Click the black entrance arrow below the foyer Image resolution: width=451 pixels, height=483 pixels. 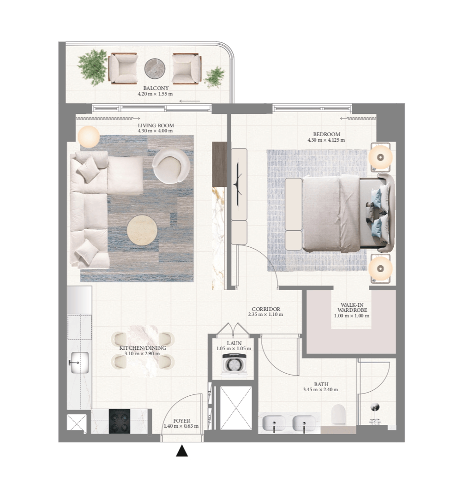click(182, 451)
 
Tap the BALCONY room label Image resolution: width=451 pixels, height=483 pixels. click(156, 88)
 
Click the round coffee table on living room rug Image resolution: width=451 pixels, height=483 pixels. click(142, 230)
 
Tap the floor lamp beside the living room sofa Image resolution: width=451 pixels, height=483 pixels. click(88, 137)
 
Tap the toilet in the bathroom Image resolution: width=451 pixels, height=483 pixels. click(338, 414)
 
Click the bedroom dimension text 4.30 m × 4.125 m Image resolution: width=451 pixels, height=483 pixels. click(326, 140)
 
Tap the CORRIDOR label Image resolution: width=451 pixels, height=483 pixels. click(265, 309)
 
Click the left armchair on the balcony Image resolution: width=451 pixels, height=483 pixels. click(123, 68)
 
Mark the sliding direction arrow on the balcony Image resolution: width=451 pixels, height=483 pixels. click(190, 101)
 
